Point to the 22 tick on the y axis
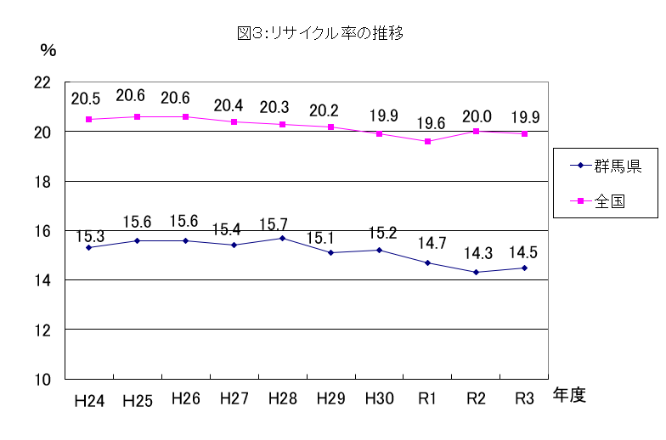(x=42, y=83)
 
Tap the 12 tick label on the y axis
(x=42, y=330)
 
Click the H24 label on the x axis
(x=88, y=400)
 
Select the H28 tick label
(x=282, y=398)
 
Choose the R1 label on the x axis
(x=427, y=398)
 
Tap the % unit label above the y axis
(x=48, y=50)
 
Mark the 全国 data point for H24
(x=88, y=120)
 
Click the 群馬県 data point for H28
(x=282, y=238)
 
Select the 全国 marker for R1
(x=427, y=141)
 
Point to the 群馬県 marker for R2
(x=476, y=272)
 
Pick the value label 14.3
(x=476, y=254)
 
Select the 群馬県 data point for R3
(x=524, y=268)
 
